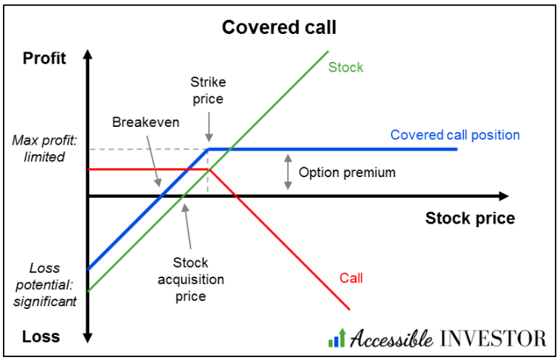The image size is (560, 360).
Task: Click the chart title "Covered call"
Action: [279, 28]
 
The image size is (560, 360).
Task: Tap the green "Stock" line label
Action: [345, 67]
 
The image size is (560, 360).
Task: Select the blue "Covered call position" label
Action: [454, 135]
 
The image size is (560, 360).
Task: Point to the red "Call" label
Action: [351, 278]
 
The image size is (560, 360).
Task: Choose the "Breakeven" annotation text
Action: [145, 122]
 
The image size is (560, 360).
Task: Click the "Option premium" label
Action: [347, 173]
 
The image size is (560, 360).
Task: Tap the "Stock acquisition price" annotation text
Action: [190, 280]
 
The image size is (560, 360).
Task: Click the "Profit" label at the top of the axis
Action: [44, 58]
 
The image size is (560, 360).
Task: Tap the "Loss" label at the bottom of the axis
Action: [41, 336]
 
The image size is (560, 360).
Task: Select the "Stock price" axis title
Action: [470, 218]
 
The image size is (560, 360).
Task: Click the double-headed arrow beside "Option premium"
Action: [286, 173]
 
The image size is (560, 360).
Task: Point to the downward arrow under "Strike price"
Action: [210, 130]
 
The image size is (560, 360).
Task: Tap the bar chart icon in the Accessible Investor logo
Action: [336, 339]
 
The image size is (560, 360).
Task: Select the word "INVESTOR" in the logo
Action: [492, 339]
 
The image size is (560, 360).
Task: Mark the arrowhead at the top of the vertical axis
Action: [88, 55]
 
